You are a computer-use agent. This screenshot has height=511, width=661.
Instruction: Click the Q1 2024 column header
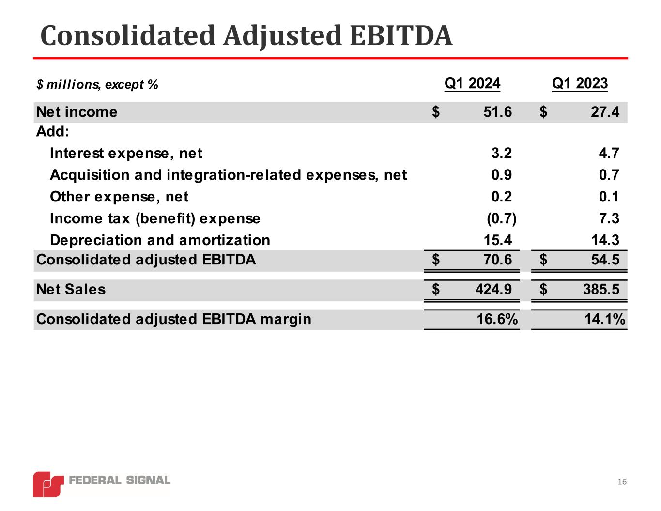click(472, 84)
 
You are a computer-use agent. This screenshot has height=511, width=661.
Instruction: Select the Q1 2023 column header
click(580, 84)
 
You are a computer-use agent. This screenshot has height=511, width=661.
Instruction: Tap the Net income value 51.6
click(497, 112)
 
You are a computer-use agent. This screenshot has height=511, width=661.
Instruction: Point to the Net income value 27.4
click(605, 112)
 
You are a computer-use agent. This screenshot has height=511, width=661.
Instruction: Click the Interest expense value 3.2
click(501, 154)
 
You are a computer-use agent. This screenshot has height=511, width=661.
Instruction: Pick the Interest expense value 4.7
click(609, 154)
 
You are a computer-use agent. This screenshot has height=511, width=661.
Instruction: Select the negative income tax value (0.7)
click(501, 218)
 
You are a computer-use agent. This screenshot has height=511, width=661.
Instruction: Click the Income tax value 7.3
click(609, 218)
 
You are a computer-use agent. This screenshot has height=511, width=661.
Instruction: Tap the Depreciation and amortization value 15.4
click(497, 240)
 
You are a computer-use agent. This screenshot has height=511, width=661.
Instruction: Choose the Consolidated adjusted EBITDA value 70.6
click(497, 260)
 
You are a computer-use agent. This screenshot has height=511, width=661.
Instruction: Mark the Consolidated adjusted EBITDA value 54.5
click(605, 260)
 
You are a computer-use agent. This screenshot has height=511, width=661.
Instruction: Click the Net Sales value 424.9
click(493, 290)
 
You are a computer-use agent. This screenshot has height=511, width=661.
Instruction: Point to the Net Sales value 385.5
click(601, 290)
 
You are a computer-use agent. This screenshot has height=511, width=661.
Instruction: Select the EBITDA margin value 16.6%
click(497, 319)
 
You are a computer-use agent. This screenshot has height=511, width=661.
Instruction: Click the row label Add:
click(53, 132)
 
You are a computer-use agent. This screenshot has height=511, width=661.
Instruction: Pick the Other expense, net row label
click(119, 197)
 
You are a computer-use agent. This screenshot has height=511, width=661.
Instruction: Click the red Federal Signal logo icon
click(48, 483)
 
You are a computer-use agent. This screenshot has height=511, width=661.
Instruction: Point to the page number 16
click(622, 482)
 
